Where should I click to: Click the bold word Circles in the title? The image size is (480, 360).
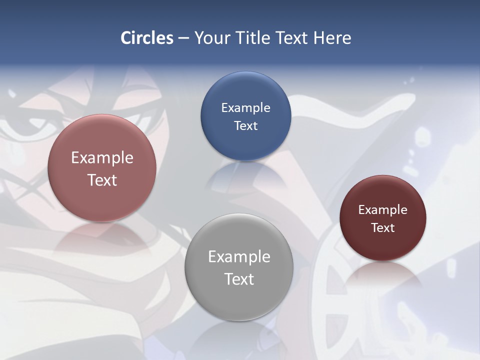pyautogui.click(x=147, y=37)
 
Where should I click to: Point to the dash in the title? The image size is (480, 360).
pyautogui.click(x=183, y=38)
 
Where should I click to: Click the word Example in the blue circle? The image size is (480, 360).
pyautogui.click(x=245, y=107)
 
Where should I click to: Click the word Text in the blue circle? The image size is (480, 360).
pyautogui.click(x=245, y=125)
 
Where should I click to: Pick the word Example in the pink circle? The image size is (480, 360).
pyautogui.click(x=102, y=157)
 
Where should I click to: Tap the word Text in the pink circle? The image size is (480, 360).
pyautogui.click(x=102, y=180)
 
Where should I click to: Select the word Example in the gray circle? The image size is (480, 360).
pyautogui.click(x=239, y=256)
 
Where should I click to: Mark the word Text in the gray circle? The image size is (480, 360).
pyautogui.click(x=239, y=279)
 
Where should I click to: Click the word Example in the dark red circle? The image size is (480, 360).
pyautogui.click(x=383, y=209)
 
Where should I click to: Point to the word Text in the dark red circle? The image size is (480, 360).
pyautogui.click(x=383, y=227)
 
